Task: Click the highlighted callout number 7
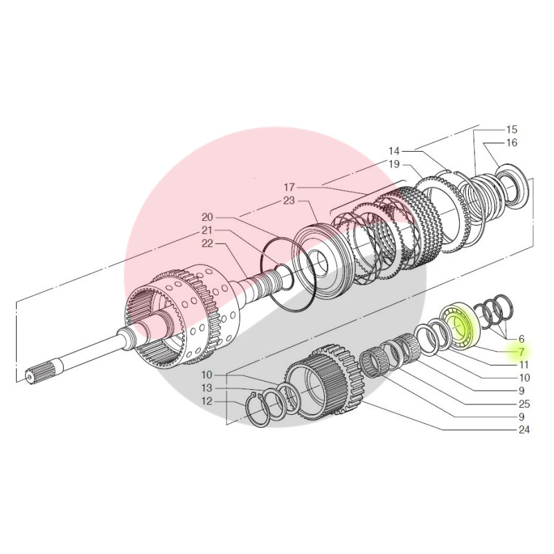coord(521,352)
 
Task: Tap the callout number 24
coord(524,430)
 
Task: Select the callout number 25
coord(524,404)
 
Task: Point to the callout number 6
coord(521,339)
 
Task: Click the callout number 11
coord(524,365)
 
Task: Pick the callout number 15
coord(511,129)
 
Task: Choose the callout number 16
coord(511,143)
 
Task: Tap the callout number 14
coord(394,151)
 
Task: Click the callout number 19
coord(394,164)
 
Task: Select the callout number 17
coord(289,187)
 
